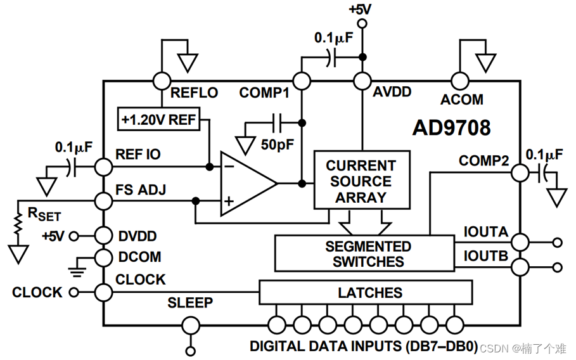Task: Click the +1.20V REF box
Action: (159, 119)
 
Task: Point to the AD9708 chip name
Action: (451, 128)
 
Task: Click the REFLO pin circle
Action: (162, 80)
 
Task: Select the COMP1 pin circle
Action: (302, 80)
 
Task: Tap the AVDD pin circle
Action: (362, 80)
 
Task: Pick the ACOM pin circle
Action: (459, 80)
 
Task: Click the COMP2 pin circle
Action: (520, 172)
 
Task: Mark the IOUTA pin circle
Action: (520, 241)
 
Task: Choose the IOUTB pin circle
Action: (520, 267)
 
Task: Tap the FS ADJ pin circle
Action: (103, 201)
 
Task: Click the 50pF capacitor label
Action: (278, 145)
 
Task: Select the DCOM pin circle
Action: (103, 257)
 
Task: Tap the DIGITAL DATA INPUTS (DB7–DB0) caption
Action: (363, 347)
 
